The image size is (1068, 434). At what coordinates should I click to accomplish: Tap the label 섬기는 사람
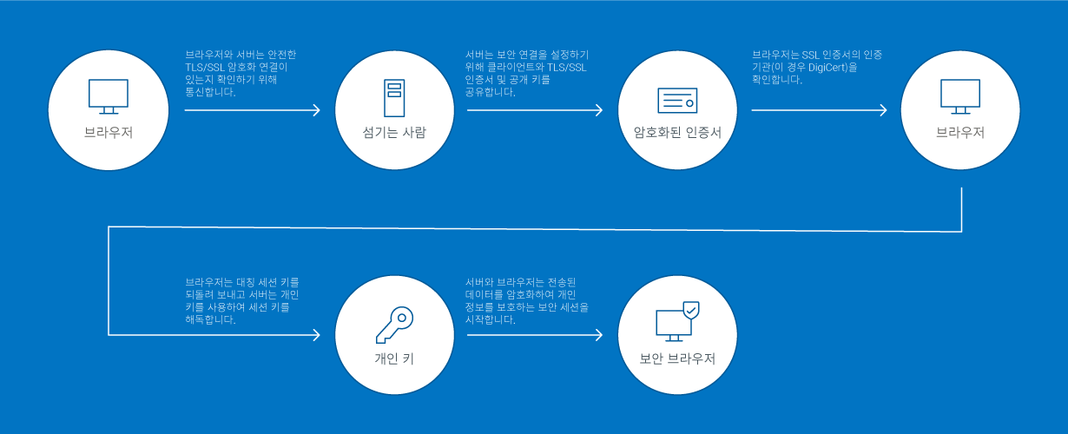point(395,133)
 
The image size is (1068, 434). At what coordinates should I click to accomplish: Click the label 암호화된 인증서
point(677,133)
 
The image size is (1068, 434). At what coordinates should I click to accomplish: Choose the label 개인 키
point(395,358)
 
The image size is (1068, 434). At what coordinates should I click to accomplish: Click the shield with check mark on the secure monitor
point(690,309)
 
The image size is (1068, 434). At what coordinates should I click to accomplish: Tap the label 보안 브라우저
point(677,358)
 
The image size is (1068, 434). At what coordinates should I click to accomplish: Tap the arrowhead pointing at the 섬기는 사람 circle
point(316,110)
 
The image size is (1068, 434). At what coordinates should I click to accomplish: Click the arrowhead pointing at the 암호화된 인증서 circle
point(598,110)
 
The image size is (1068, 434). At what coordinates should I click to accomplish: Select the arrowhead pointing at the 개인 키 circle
point(316,334)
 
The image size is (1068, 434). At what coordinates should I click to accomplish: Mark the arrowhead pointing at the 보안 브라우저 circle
point(598,334)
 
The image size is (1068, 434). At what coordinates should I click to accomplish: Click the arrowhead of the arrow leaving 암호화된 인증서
point(882,110)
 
